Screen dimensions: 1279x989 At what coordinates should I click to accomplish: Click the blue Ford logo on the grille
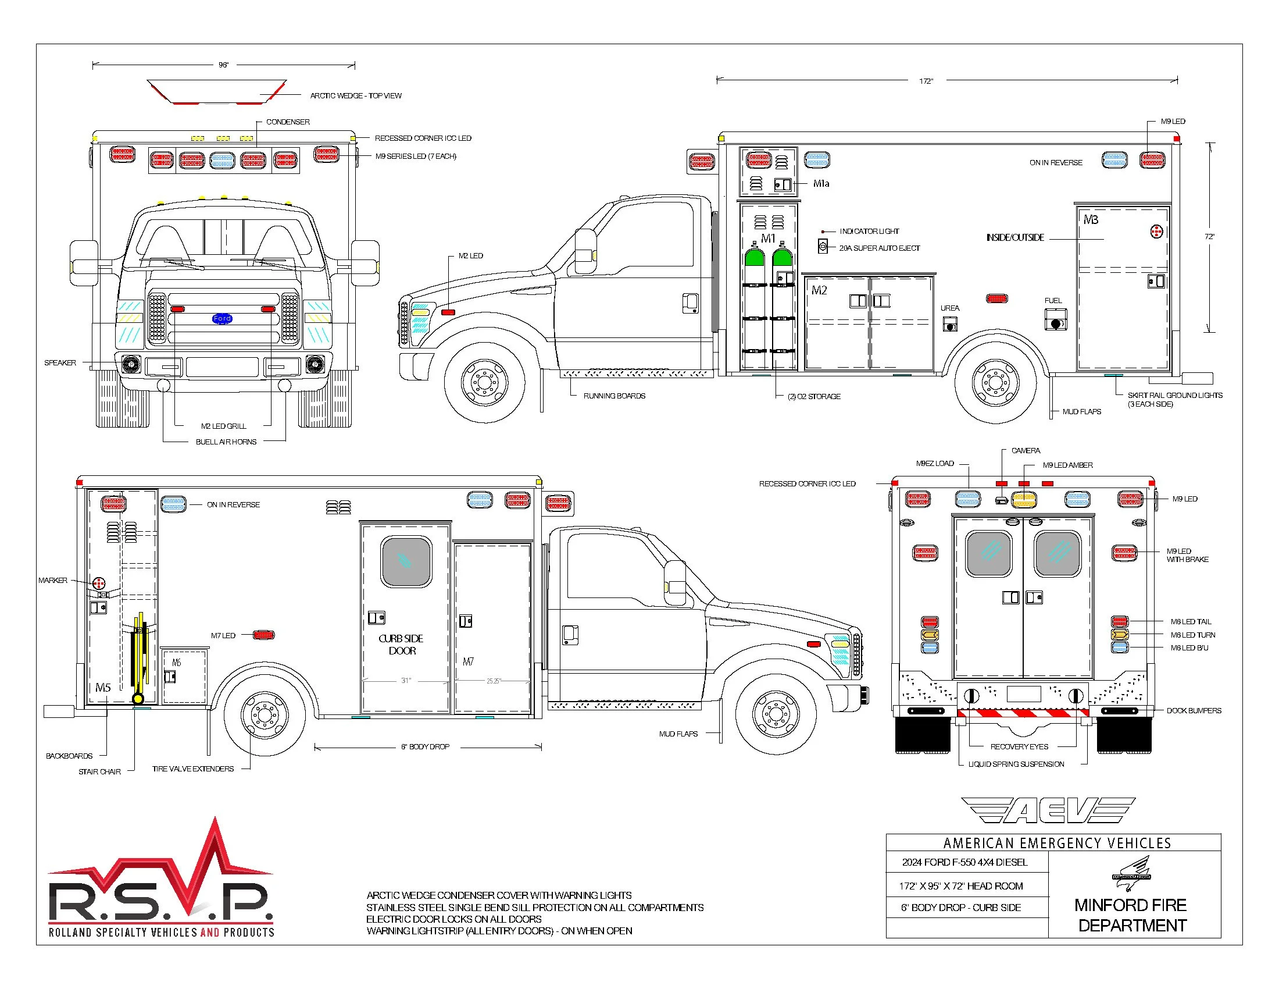tap(222, 319)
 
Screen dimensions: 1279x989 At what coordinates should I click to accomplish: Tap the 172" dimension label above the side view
tap(926, 81)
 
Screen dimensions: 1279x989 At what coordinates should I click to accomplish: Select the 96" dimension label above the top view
tap(223, 65)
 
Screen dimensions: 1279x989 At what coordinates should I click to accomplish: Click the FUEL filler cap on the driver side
tap(1056, 323)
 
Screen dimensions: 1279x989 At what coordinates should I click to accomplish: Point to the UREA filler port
tap(950, 324)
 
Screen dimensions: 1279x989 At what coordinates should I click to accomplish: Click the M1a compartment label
tap(821, 184)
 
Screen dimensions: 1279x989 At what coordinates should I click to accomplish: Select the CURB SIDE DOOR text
tap(401, 645)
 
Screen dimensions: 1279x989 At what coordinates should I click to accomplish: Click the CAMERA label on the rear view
tap(1026, 450)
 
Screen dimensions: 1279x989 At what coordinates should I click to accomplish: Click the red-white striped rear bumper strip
tap(1023, 713)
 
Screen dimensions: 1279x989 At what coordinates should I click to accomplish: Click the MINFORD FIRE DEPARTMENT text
tap(1131, 915)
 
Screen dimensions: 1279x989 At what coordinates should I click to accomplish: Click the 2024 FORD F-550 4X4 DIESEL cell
tap(964, 862)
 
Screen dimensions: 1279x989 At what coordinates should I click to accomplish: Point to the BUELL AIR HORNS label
tap(226, 442)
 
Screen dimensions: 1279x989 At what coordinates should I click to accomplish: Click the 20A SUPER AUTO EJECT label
tap(879, 248)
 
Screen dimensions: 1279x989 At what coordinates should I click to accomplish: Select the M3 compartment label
tap(1091, 220)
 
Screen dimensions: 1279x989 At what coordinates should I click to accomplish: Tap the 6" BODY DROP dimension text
tap(425, 747)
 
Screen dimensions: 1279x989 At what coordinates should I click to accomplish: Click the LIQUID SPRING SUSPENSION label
tap(1016, 764)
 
